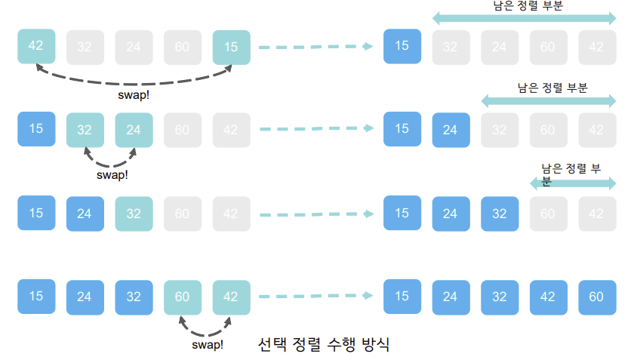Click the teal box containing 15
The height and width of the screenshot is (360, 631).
pos(231,47)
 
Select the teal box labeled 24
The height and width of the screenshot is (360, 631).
pos(134,130)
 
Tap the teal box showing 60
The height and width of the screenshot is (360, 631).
pos(182,297)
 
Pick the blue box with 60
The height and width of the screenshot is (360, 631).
pos(596,297)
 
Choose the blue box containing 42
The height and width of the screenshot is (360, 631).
pos(548,297)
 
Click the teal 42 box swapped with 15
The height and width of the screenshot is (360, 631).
pos(35,45)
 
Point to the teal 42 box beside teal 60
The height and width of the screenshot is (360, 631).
pos(231,297)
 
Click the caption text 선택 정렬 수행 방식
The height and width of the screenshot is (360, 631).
pos(324,345)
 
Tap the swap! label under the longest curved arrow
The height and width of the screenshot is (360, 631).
pos(134,96)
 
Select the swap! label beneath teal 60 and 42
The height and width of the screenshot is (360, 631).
pos(207,345)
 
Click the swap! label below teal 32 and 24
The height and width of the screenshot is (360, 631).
pos(112,175)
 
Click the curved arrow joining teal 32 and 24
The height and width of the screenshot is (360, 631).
pos(110,160)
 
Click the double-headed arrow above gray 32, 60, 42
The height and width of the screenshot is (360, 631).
pos(549,101)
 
